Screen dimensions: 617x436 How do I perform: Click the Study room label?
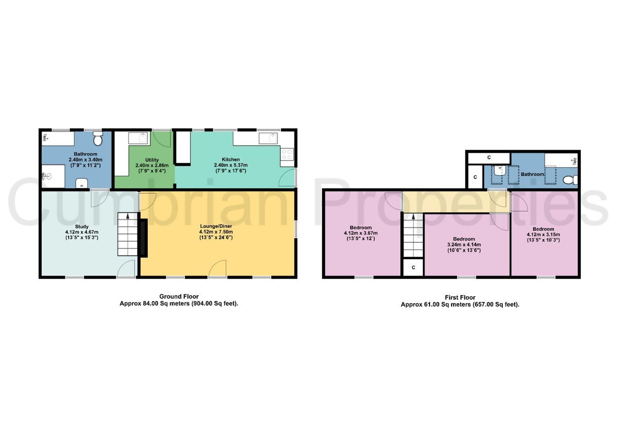pos(82,227)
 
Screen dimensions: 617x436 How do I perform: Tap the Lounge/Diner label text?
pos(216,226)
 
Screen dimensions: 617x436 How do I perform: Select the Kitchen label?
pos(231,160)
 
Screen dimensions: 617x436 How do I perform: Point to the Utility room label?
pos(152,160)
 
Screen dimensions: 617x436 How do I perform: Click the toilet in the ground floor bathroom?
pos(97,138)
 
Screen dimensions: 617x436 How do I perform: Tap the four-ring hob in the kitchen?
pos(287,154)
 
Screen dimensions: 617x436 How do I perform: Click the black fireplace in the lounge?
pos(144,238)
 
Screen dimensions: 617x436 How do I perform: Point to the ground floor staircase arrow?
pos(128,217)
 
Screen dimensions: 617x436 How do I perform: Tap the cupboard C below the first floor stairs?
pos(413,267)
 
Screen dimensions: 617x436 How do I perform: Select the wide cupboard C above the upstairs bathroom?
pos(489,158)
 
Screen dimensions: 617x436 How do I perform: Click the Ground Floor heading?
pos(179,296)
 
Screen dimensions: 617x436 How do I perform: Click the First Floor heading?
pos(460,298)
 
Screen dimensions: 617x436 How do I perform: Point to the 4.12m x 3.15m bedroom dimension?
pos(543,234)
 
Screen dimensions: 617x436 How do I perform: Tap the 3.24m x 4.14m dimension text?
pos(464,245)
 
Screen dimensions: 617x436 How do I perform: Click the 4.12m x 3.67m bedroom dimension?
pos(361,233)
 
